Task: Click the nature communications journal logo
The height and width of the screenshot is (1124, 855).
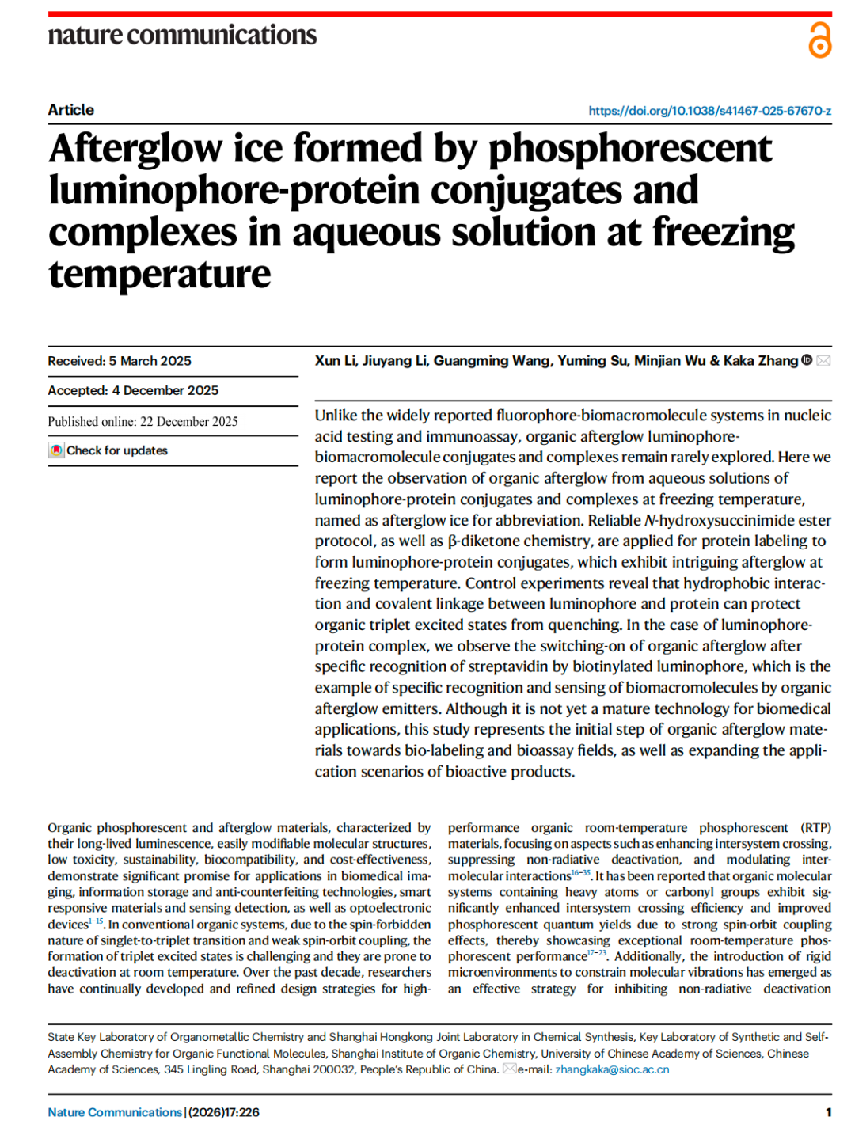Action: [x=182, y=36]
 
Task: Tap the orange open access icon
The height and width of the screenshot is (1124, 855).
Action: [x=819, y=40]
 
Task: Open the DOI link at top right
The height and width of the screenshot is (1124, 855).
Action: [x=709, y=111]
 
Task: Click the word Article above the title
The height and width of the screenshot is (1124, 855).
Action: [x=70, y=110]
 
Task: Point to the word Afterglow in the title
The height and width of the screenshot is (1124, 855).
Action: [x=135, y=149]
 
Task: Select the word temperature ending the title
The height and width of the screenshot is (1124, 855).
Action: [x=159, y=275]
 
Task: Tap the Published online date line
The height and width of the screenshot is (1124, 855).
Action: [x=142, y=421]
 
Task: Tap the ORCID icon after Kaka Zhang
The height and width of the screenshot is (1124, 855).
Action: [x=807, y=360]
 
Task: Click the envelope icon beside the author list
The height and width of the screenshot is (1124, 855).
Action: [x=823, y=361]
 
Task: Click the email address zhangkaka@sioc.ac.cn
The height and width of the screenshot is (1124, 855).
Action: [x=612, y=1069]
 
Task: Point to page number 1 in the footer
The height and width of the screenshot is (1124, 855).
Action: [x=828, y=1112]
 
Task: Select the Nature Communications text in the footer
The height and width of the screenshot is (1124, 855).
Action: [x=115, y=1112]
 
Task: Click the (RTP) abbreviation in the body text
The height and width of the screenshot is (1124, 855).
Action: [x=815, y=828]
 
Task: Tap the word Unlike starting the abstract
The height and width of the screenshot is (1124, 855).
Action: [x=336, y=416]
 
